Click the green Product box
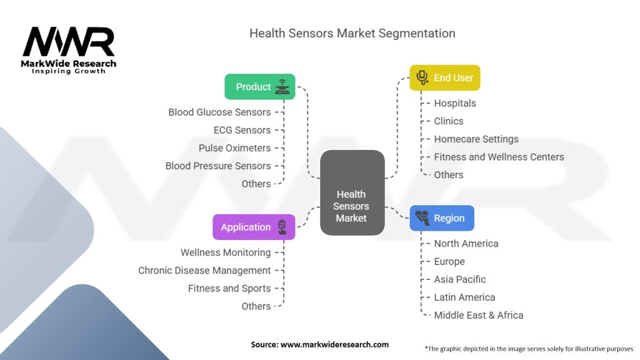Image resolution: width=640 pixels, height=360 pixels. click(x=259, y=87)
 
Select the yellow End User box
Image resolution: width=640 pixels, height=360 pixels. click(x=444, y=78)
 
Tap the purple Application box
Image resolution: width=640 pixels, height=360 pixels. click(x=253, y=227)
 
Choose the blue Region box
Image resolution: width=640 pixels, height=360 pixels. click(x=441, y=218)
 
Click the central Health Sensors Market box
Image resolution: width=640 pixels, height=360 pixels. click(x=351, y=193)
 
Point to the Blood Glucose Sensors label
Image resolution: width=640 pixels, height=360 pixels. click(x=219, y=112)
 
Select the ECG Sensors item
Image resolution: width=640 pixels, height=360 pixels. click(x=242, y=130)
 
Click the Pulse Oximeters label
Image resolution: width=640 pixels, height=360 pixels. click(x=234, y=148)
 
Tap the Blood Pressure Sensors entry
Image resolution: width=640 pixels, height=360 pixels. click(x=218, y=166)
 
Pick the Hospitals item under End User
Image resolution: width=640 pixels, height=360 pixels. click(x=455, y=103)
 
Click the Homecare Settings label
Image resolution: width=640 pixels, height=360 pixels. click(x=476, y=139)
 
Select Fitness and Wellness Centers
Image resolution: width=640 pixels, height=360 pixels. click(x=499, y=157)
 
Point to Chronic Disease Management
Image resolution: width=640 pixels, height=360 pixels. click(x=204, y=271)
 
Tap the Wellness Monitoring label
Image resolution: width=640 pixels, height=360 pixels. click(x=226, y=252)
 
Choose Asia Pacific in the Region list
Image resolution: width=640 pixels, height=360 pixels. click(x=459, y=279)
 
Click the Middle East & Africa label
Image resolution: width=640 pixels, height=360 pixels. click(x=478, y=315)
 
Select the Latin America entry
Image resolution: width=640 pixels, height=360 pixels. click(x=464, y=297)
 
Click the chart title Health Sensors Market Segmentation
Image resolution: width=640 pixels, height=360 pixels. click(x=352, y=33)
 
